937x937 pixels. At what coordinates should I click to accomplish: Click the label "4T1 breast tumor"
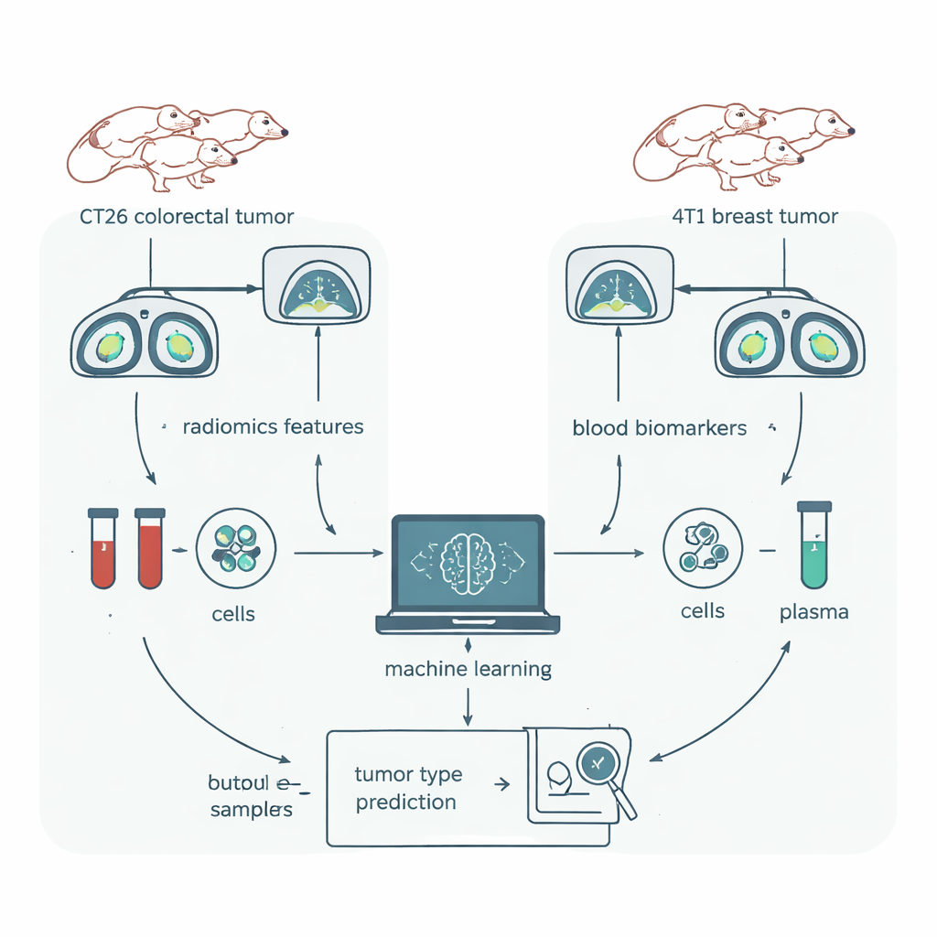coord(752,217)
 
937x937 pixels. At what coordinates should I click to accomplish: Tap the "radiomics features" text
coord(273,426)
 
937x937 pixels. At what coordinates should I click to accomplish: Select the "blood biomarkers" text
coord(659,427)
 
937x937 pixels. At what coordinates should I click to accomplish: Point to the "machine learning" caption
coord(468,669)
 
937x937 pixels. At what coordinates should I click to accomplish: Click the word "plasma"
coord(813,612)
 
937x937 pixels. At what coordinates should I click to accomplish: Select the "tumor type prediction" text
coord(407,789)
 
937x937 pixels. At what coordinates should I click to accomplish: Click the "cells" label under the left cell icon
coord(233,613)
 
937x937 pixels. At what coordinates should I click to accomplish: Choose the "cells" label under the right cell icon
coord(703,610)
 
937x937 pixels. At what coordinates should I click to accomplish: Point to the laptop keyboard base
coord(468,623)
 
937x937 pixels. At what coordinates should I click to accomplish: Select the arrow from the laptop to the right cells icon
coord(599,553)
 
